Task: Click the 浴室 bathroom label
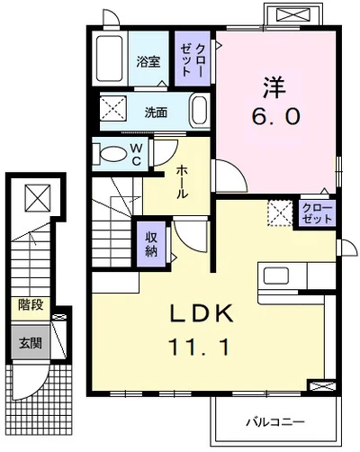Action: coord(148,61)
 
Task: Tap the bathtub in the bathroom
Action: coord(110,59)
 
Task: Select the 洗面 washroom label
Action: coord(156,113)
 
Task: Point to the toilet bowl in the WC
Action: coord(113,154)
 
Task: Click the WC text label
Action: coord(136,155)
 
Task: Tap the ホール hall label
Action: coord(182,182)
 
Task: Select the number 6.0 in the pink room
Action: coord(276,117)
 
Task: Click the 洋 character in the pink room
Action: coord(274,87)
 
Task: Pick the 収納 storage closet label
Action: coord(151,245)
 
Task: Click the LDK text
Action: coord(202,313)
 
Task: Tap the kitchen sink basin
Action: coord(276,276)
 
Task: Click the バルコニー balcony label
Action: coord(275,422)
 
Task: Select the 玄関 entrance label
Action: coord(30,343)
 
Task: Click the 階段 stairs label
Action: coord(31,305)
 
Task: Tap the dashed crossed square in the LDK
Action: coord(280,212)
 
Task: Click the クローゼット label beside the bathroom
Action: coord(193,59)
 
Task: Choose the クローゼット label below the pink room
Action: coord(318,213)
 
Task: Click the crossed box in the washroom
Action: coord(113,109)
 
